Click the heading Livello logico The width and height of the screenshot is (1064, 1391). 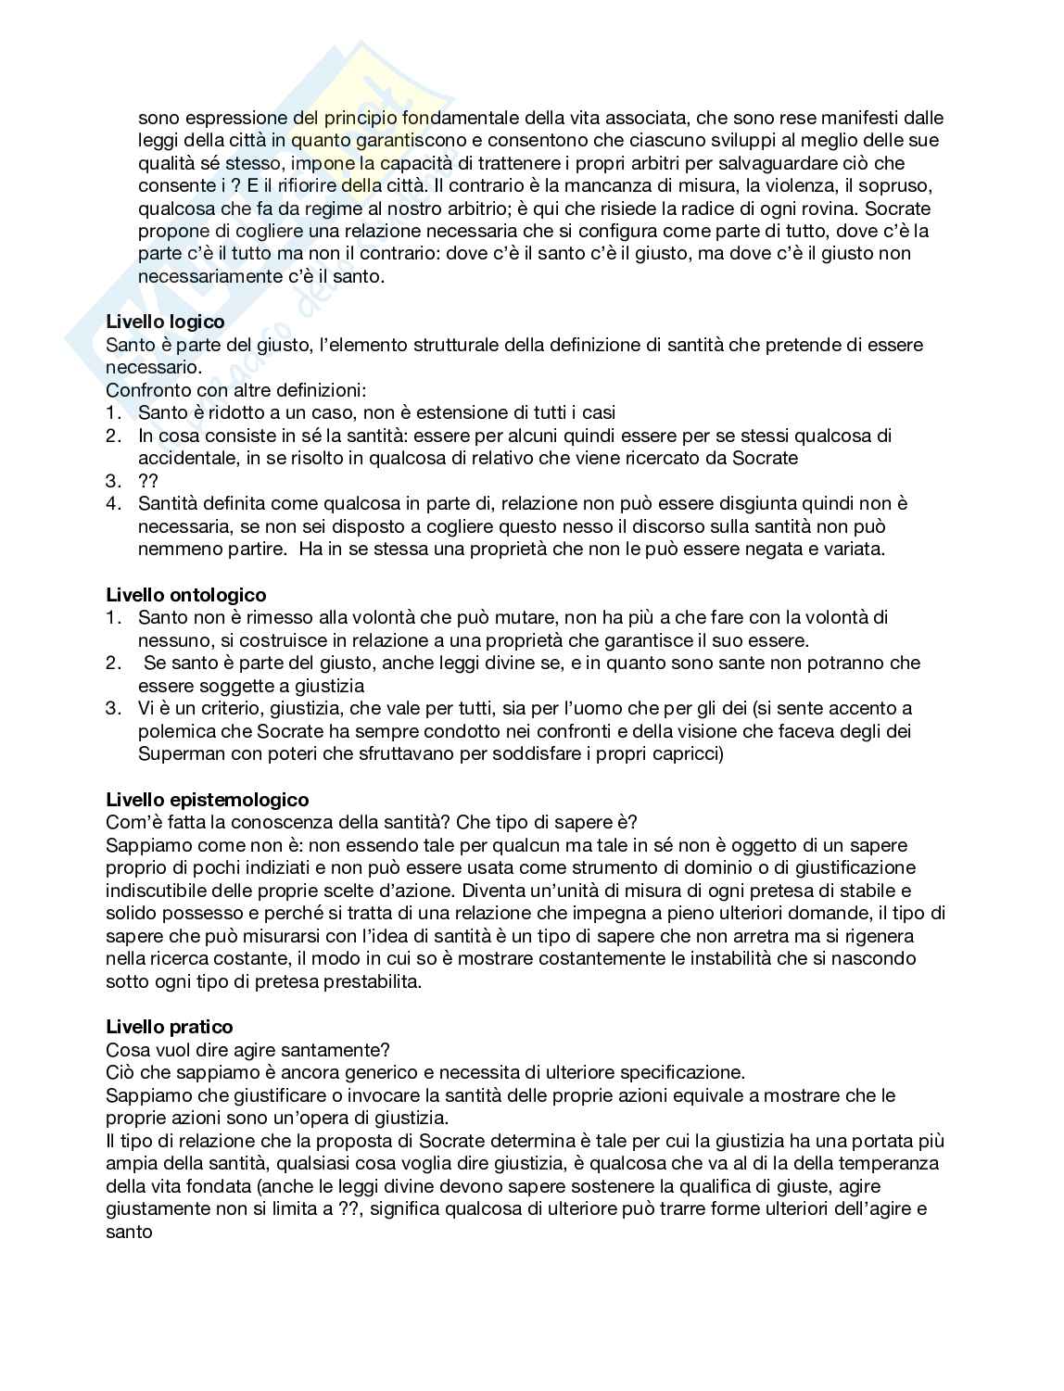165,322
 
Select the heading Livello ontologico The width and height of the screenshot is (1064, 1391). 185,595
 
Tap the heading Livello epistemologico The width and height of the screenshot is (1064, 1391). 208,800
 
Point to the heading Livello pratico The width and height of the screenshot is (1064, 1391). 170,1027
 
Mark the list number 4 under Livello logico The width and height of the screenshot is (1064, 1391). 113,504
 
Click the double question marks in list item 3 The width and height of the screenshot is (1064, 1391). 148,481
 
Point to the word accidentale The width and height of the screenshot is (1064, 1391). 184,458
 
